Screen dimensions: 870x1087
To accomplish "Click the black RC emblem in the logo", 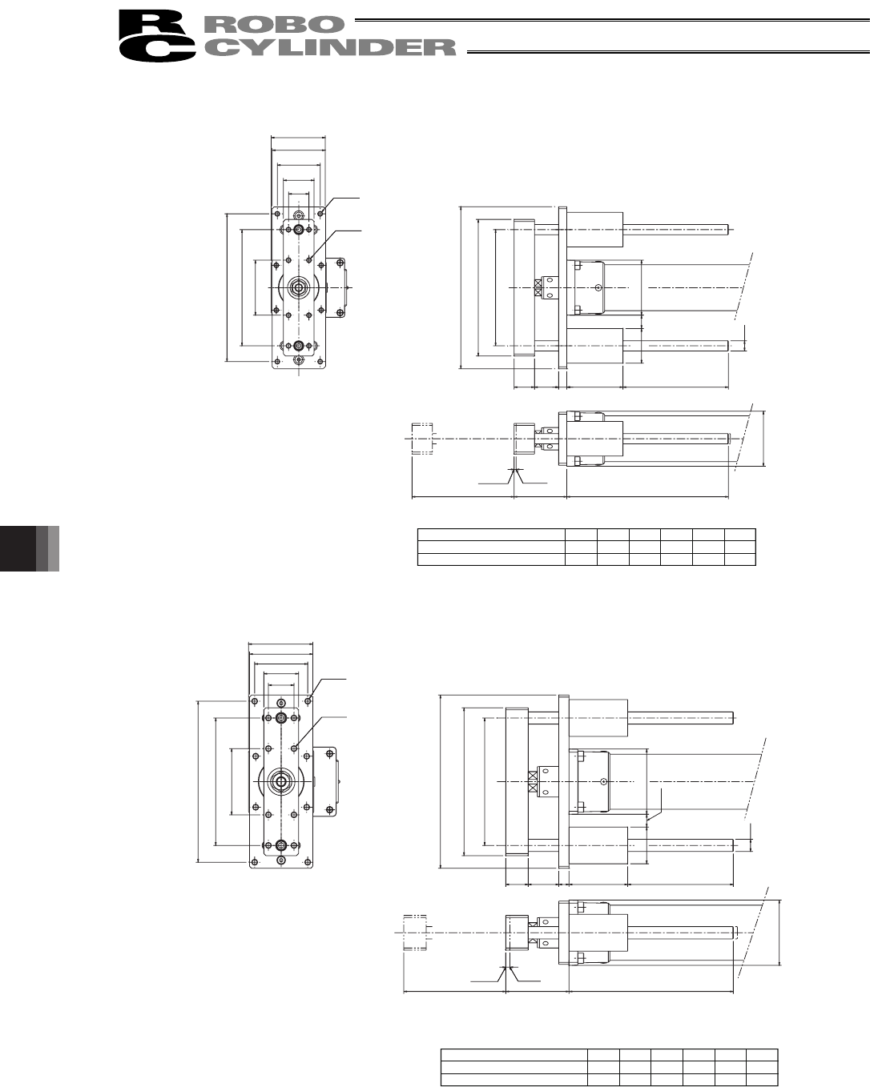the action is (157, 35).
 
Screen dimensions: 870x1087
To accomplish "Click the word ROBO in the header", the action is (273, 24).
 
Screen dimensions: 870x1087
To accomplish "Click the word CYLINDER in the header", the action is (329, 47).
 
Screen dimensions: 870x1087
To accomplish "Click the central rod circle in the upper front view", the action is (299, 288).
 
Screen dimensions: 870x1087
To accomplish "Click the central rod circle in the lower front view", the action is (281, 781).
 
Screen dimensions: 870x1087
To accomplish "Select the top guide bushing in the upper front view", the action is (299, 230).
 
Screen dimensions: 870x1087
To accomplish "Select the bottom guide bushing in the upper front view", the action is (299, 346).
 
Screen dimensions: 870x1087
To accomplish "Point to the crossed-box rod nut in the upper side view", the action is (538, 288).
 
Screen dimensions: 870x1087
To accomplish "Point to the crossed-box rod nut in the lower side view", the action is (532, 781).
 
